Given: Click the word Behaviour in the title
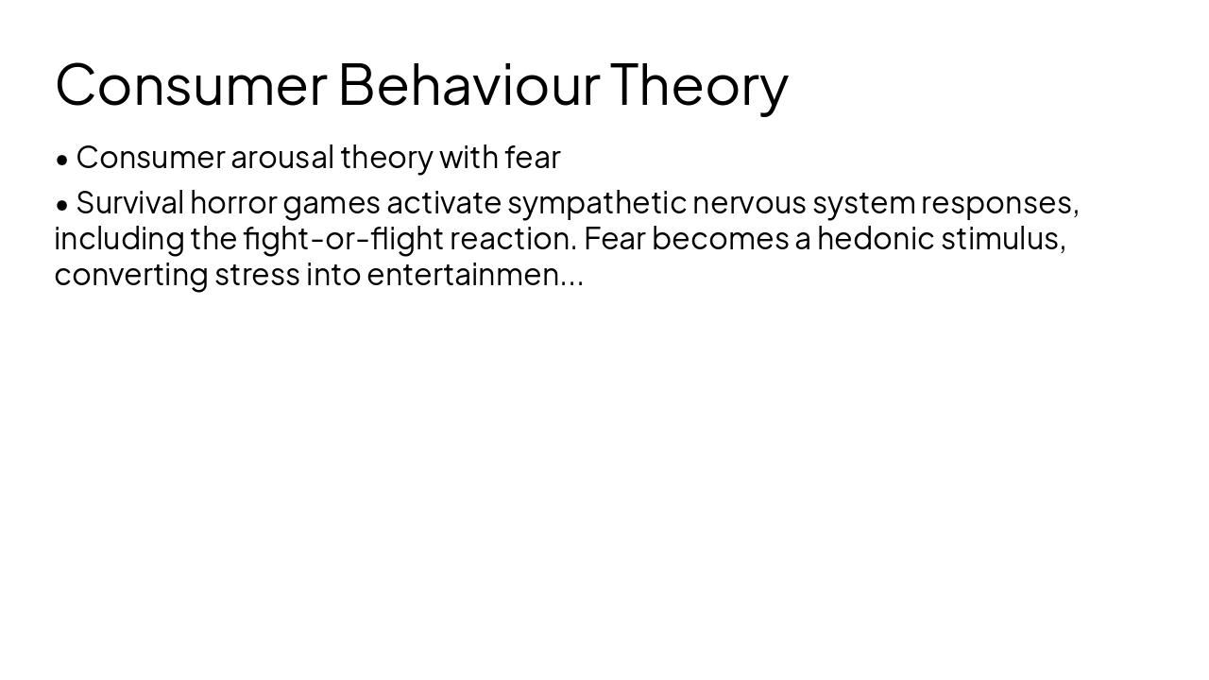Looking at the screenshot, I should [468, 84].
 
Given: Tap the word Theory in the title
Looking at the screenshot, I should [698, 84].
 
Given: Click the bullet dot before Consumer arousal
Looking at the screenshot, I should [62, 160].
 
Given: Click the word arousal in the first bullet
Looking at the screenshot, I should [282, 158].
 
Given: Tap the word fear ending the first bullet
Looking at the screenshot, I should [533, 158].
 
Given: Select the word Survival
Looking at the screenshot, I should [129, 203].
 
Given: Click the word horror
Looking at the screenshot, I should [233, 203].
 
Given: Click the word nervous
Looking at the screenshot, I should [749, 203].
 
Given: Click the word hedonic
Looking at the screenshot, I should [876, 239].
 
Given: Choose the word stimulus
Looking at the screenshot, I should [1002, 239].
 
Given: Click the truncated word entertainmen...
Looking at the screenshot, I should [464, 275].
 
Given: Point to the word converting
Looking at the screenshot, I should [131, 275].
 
